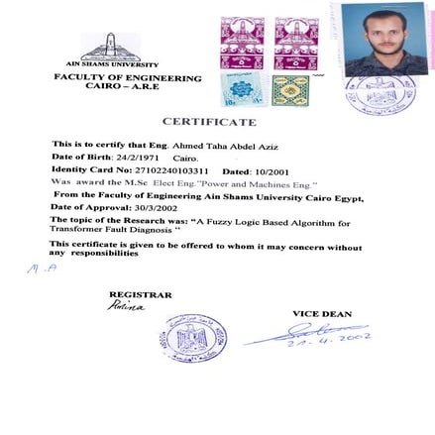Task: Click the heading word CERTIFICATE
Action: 209,122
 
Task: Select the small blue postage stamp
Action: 241,89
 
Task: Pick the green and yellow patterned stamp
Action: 290,90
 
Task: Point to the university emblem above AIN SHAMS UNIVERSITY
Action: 109,46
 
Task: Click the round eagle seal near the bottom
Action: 193,336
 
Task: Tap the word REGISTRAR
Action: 140,294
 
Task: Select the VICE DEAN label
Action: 321,313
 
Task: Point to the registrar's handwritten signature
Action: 126,306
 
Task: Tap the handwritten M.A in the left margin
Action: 41,268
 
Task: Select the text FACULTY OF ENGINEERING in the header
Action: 127,77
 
